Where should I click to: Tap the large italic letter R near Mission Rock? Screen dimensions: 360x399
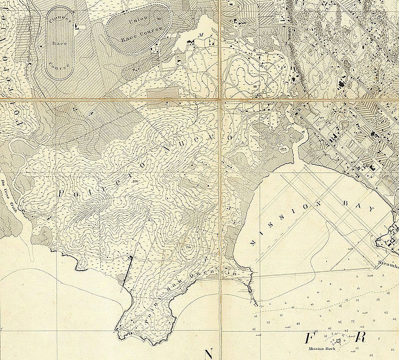click(x=360, y=337)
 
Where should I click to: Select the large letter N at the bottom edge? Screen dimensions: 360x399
click(x=210, y=353)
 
